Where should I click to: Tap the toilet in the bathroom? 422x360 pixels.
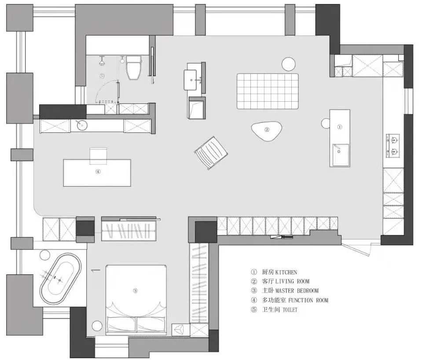coord(133,68)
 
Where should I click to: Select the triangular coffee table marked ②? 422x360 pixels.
coord(267,131)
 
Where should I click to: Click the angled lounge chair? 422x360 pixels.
coord(211,153)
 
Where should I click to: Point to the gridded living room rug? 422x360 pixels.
coord(268,91)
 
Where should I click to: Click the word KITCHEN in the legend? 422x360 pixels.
coord(286,272)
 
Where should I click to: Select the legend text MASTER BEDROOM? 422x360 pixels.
coord(297,291)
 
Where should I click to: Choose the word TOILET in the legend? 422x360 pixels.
coord(290,310)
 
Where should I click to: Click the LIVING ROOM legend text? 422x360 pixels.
coord(292,281)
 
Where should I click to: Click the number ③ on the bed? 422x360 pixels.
coord(135,291)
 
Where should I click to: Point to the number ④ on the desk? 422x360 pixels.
coord(98,172)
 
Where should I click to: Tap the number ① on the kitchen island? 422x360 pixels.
coord(340,127)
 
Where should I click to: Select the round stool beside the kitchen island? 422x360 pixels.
coord(326,123)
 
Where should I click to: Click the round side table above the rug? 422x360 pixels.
coord(289,64)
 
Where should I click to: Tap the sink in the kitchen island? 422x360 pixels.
coord(341,155)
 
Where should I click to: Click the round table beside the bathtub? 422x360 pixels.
coord(45,255)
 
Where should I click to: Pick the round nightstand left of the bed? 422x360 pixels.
coord(97,326)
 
